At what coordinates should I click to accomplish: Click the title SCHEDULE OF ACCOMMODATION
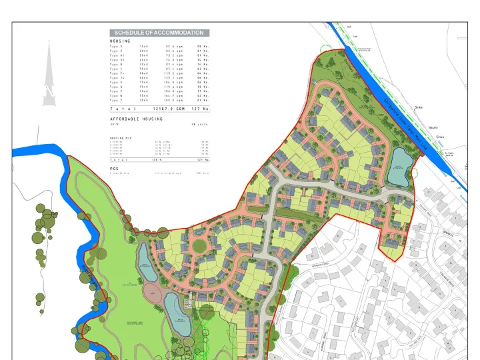pos(159,33)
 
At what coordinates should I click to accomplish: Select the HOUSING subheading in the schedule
pos(120,41)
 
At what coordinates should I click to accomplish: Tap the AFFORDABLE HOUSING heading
pos(136,119)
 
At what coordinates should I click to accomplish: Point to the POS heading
pos(114,169)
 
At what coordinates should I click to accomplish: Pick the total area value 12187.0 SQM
pos(169,108)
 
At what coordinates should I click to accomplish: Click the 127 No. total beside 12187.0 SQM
pos(201,108)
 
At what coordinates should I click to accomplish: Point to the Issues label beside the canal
pos(433,127)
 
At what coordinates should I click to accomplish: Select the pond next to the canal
pos(400,160)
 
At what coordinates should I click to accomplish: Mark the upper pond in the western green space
pos(144,256)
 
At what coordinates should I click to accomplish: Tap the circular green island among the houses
pos(199,246)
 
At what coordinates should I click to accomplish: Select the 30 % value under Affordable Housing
pos(114,125)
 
